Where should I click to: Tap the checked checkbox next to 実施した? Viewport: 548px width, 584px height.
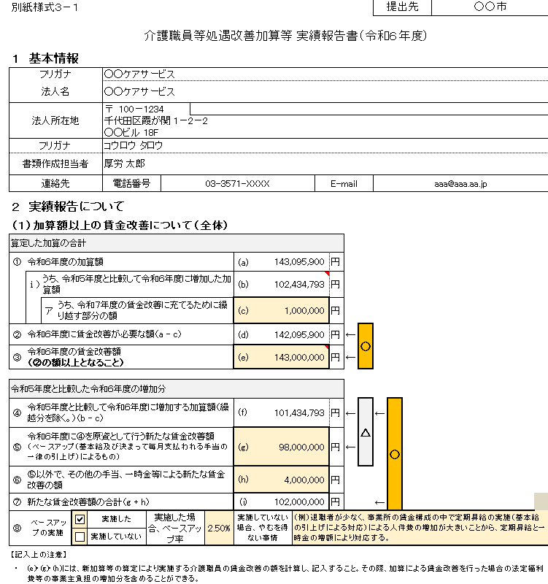81,519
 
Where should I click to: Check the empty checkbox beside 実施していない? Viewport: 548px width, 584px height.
81,537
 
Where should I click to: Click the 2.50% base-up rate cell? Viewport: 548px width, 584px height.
218,528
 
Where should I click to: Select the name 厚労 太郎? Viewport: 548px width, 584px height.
125,164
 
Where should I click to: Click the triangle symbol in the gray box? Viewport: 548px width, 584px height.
366,432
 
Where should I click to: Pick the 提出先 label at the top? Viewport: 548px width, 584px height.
401,7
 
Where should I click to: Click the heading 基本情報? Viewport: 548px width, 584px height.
54,58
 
